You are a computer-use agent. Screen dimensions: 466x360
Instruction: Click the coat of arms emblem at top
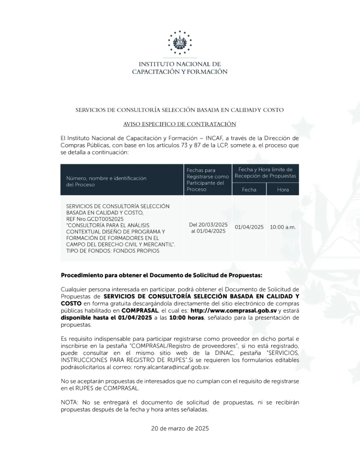pyautogui.click(x=180, y=43)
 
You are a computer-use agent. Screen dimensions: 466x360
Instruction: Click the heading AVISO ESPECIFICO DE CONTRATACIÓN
pyautogui.click(x=180, y=124)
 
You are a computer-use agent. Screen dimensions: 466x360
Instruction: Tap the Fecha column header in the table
pyautogui.click(x=249, y=190)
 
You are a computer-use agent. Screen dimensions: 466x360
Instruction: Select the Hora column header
pyautogui.click(x=283, y=190)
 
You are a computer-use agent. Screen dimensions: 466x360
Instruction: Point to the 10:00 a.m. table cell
pyautogui.click(x=283, y=227)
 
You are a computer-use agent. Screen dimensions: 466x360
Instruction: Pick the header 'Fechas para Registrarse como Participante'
pyautogui.click(x=208, y=179)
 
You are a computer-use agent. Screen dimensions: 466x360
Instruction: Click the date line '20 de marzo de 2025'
pyautogui.click(x=180, y=428)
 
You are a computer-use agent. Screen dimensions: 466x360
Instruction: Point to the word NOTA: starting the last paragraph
pyautogui.click(x=70, y=402)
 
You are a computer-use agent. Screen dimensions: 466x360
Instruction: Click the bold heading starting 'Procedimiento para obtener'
pyautogui.click(x=161, y=275)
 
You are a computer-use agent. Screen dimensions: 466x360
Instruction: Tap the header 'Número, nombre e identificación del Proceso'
pyautogui.click(x=106, y=182)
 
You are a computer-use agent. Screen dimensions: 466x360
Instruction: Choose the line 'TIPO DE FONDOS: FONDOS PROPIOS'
pyautogui.click(x=113, y=251)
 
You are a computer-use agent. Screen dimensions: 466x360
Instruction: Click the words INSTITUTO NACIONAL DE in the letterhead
pyautogui.click(x=180, y=64)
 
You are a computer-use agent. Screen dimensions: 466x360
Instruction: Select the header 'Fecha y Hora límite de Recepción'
pyautogui.click(x=265, y=172)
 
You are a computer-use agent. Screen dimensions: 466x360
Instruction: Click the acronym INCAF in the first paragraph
pyautogui.click(x=224, y=137)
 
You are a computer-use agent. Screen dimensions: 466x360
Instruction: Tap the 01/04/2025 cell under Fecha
pyautogui.click(x=249, y=227)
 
